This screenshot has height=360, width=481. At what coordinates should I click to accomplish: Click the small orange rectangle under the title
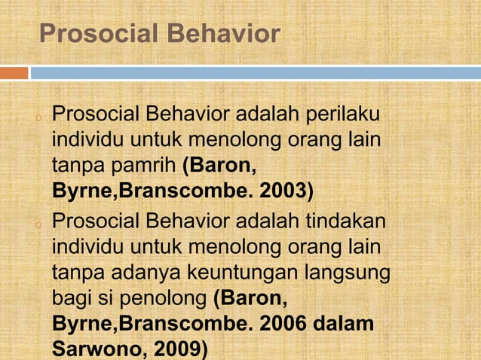coord(14,73)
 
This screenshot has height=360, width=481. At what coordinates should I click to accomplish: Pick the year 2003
coord(283,188)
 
